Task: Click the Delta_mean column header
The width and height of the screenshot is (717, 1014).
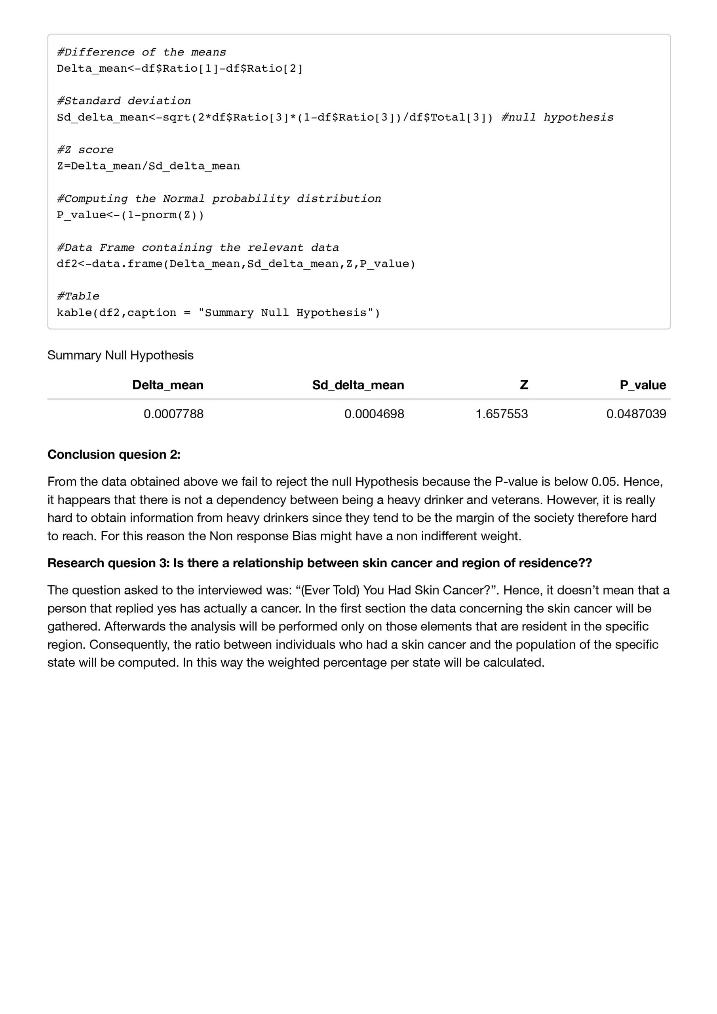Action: click(x=168, y=385)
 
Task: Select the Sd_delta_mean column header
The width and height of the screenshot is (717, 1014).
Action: click(x=358, y=385)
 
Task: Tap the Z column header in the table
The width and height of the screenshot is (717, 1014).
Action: click(x=524, y=385)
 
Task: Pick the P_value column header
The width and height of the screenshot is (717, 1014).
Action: click(x=643, y=385)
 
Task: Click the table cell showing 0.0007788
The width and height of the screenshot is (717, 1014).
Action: click(x=173, y=414)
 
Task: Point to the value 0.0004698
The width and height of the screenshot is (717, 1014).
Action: click(x=374, y=414)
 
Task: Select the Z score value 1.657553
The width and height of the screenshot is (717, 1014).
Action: click(x=502, y=414)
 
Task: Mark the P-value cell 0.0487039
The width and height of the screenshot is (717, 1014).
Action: click(x=636, y=414)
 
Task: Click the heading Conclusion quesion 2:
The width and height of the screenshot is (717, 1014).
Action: click(x=114, y=454)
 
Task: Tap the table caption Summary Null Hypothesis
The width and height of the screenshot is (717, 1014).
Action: click(x=120, y=355)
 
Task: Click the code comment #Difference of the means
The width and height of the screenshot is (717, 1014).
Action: click(x=141, y=52)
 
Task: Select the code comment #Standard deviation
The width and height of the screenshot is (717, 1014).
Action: click(x=124, y=101)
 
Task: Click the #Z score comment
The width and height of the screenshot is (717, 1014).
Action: click(x=85, y=150)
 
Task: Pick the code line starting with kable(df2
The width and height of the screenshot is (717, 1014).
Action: click(x=218, y=313)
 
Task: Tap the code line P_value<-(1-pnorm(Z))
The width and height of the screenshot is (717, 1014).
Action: click(x=130, y=215)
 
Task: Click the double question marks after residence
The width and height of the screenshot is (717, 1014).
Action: click(x=586, y=563)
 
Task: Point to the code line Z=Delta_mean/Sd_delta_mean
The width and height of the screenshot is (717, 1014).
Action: click(x=148, y=166)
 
